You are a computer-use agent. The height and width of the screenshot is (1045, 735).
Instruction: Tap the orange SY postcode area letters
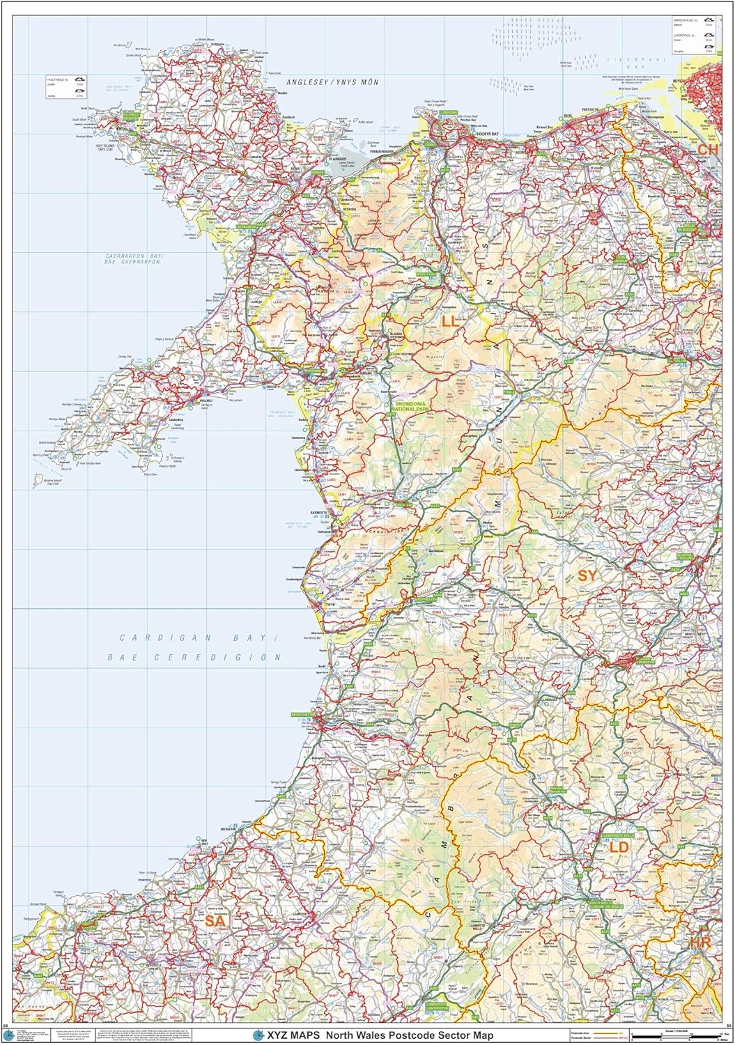click(x=587, y=575)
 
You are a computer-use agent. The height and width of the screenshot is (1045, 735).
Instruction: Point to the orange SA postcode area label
click(x=215, y=921)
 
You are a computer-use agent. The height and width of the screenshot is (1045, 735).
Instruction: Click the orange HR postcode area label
click(x=700, y=943)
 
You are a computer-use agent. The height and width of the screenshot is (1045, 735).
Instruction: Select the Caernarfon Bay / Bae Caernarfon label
click(x=129, y=260)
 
